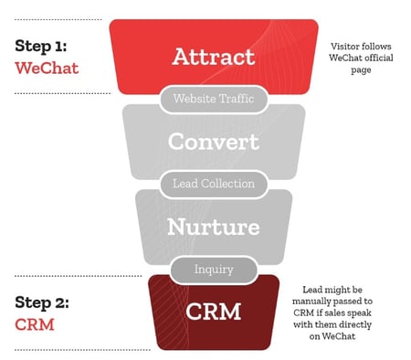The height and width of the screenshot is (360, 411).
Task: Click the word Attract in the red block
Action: click(x=214, y=56)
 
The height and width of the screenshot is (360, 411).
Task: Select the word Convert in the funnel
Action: click(x=214, y=142)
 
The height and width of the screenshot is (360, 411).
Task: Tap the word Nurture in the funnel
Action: click(x=214, y=226)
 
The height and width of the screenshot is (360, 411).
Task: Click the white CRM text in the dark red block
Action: click(x=214, y=312)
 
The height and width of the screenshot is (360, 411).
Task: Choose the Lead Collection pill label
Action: click(x=214, y=184)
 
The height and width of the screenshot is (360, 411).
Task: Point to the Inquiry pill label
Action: click(x=214, y=269)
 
